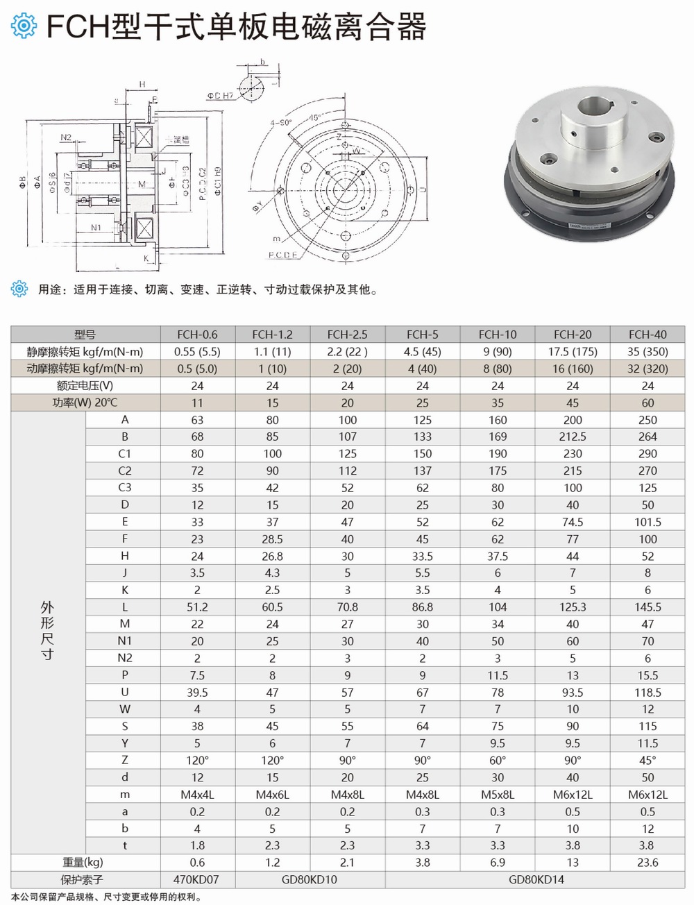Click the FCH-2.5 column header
click(x=347, y=334)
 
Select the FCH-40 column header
click(x=648, y=334)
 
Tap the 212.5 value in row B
click(x=573, y=437)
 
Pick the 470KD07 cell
click(x=197, y=879)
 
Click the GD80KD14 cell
click(x=536, y=879)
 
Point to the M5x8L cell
click(x=498, y=794)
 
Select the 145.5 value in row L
click(x=648, y=607)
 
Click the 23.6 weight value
click(x=648, y=862)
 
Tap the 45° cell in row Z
click(x=648, y=760)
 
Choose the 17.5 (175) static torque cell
click(x=573, y=351)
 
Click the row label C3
click(x=124, y=487)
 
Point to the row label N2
click(x=124, y=658)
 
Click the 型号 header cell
click(x=85, y=334)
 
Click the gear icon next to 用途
click(x=20, y=289)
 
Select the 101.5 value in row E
click(x=648, y=522)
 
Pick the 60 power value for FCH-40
click(x=648, y=403)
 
